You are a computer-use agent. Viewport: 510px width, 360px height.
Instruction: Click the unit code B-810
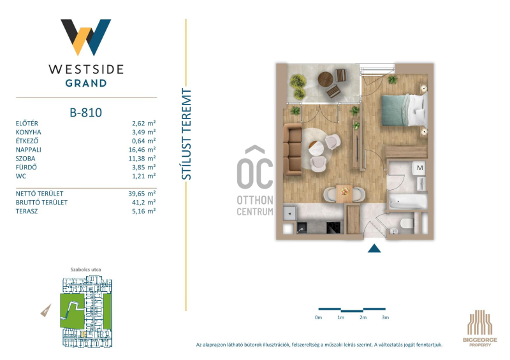(86, 113)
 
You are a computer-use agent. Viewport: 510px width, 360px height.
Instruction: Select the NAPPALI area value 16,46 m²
(142, 150)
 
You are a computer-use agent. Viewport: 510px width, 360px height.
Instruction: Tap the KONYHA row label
(28, 133)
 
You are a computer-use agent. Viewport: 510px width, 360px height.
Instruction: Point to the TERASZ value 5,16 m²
(144, 212)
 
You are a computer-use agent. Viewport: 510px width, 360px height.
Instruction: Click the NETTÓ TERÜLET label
(40, 194)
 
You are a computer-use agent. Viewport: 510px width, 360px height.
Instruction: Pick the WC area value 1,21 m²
(144, 176)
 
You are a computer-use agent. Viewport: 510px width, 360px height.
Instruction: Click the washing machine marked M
(419, 168)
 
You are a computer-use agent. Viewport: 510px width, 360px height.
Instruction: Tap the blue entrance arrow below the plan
(374, 248)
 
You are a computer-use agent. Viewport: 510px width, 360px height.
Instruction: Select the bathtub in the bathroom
(407, 201)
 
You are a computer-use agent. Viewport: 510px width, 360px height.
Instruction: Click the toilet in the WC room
(407, 224)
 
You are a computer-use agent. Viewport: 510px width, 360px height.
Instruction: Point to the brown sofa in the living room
(292, 150)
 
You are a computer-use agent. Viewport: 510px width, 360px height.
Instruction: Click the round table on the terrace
(325, 79)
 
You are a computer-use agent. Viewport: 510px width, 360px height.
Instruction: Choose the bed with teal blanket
(404, 110)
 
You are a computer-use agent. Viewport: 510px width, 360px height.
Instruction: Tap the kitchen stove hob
(333, 227)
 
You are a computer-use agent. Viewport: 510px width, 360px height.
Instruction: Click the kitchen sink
(302, 227)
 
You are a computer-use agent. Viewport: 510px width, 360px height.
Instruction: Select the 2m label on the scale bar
(363, 318)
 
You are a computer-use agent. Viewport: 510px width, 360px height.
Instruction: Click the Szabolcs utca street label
(85, 270)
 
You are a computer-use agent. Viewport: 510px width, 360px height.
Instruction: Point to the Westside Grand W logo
(86, 38)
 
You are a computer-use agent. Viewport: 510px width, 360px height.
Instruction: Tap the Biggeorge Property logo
(480, 328)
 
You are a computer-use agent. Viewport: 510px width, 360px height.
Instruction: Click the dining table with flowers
(344, 194)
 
